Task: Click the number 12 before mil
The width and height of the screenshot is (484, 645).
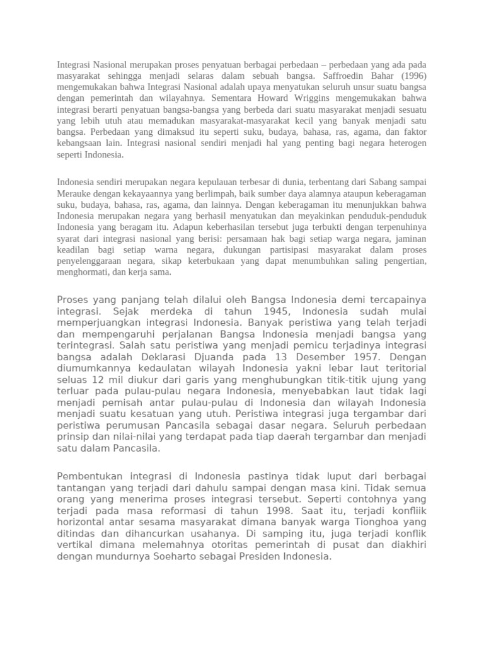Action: [97, 379]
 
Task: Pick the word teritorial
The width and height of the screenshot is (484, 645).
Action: [401, 368]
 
